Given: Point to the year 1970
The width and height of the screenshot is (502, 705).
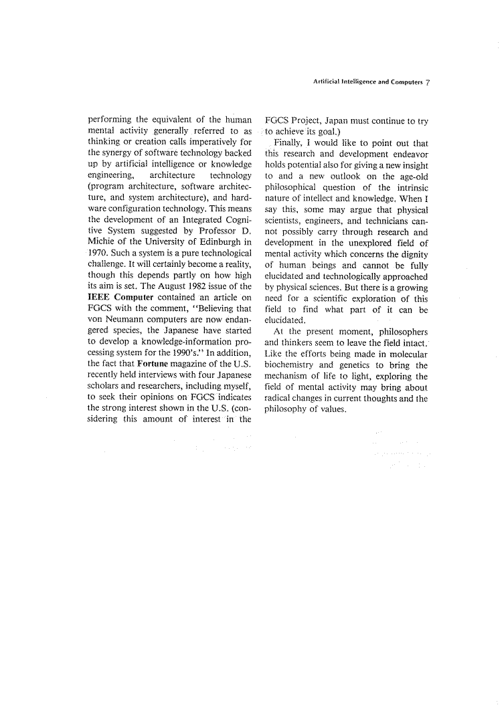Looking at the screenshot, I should (x=99, y=253).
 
